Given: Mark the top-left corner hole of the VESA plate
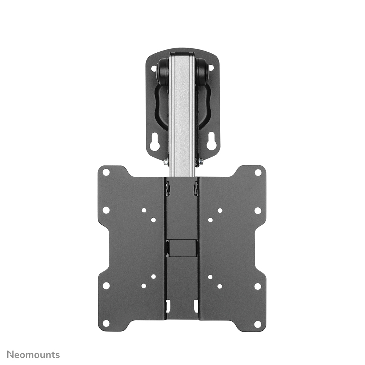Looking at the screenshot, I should point(106,172).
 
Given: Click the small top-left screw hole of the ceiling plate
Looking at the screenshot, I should point(153,68).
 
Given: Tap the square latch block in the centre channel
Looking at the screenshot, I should point(182,247).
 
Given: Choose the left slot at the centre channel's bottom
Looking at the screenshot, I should point(168,306).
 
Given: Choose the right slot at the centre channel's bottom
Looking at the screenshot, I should point(196,306).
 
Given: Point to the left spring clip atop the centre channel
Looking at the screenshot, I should point(168,188).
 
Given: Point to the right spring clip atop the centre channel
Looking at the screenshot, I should point(196,188).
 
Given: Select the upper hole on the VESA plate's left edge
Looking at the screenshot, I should point(106,210).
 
